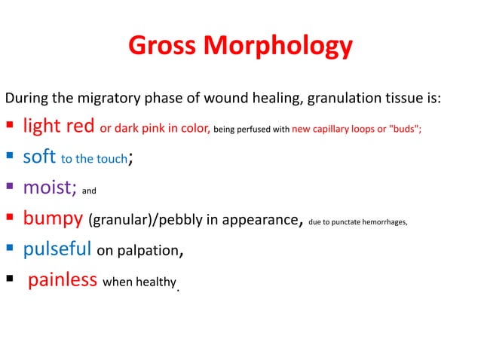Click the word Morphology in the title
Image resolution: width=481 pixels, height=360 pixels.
(x=276, y=47)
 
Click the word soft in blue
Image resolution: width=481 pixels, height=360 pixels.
(x=38, y=157)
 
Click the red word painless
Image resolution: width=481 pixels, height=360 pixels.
(x=63, y=280)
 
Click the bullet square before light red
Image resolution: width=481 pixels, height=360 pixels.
(x=11, y=127)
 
